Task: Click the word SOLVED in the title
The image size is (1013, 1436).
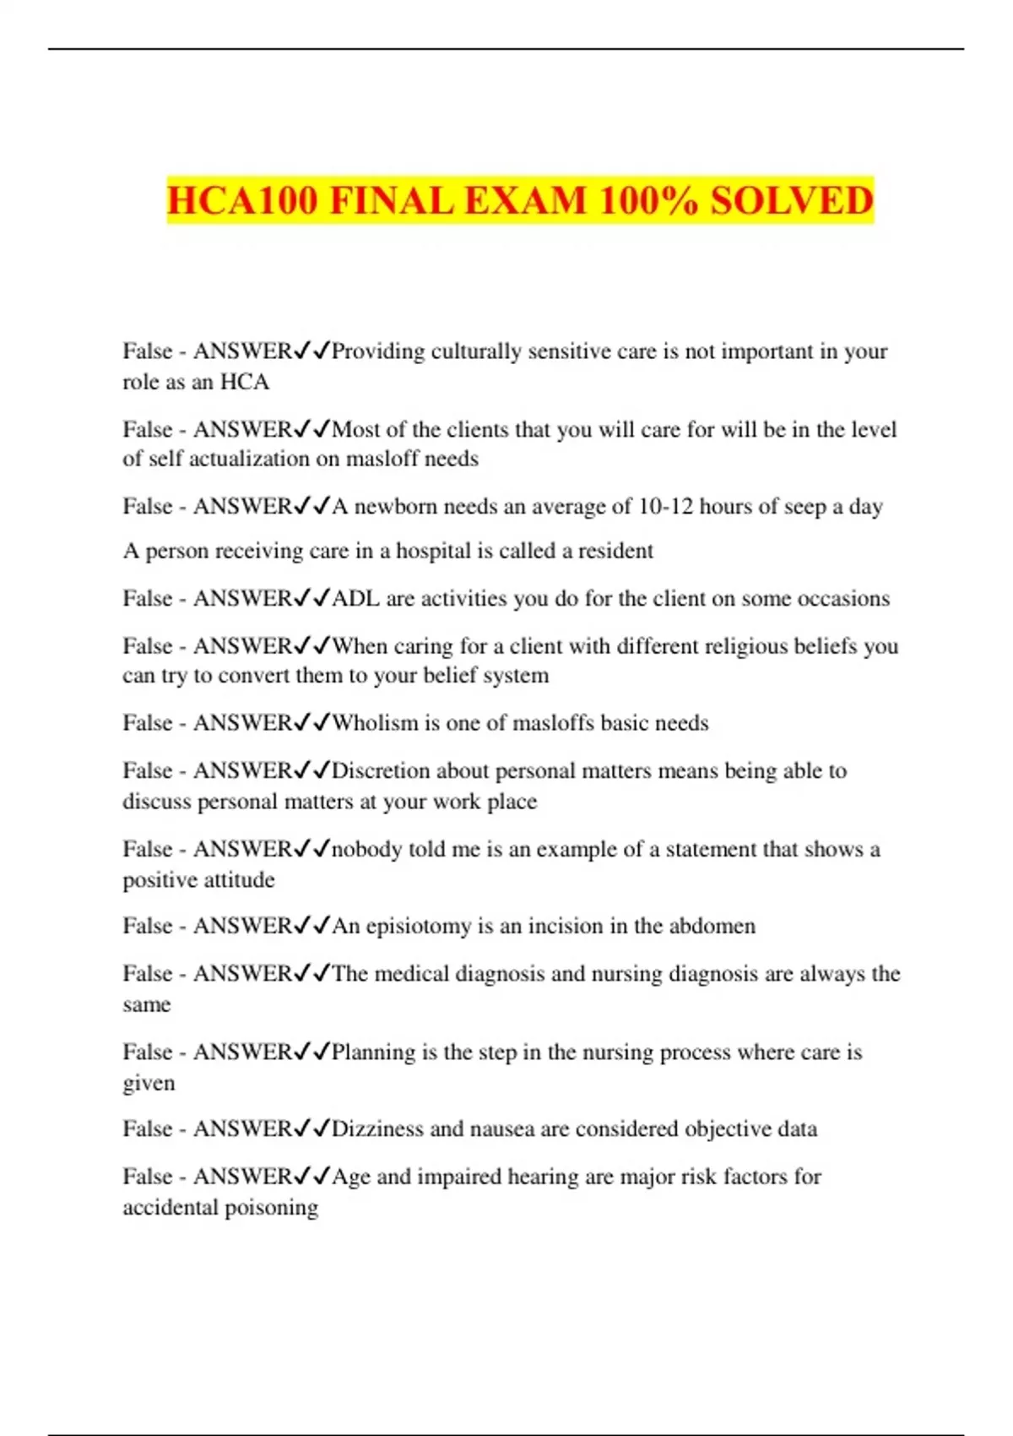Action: (791, 201)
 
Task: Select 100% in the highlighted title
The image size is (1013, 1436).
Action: (648, 201)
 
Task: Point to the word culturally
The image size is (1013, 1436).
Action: (476, 351)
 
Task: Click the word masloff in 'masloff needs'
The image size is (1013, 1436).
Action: (387, 459)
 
